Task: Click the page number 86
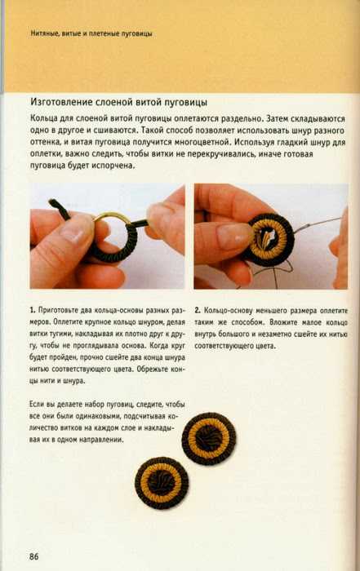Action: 34,556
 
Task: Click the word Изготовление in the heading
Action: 61,102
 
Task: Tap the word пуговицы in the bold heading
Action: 186,103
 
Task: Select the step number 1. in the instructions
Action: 33,311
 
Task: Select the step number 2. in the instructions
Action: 197,311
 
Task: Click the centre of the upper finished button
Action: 209,438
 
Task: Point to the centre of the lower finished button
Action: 162,483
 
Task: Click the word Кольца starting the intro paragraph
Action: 42,119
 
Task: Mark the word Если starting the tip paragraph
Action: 36,405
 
